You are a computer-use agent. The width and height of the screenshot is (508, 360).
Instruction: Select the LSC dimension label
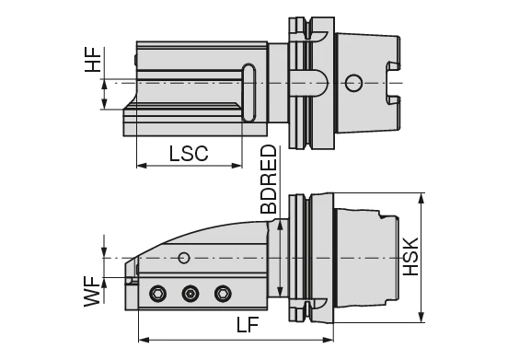tap(188, 153)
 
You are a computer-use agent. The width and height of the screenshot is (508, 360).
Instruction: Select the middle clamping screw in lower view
tap(190, 293)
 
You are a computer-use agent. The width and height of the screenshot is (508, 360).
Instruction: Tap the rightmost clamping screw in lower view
tap(221, 293)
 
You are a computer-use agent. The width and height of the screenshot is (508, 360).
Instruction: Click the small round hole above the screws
tap(184, 257)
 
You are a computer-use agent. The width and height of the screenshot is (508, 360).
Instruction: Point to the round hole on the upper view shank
tap(352, 84)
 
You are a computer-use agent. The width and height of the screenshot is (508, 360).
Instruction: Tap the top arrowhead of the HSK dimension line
tap(420, 197)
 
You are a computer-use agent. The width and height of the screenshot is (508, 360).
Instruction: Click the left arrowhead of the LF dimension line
tap(142, 339)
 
